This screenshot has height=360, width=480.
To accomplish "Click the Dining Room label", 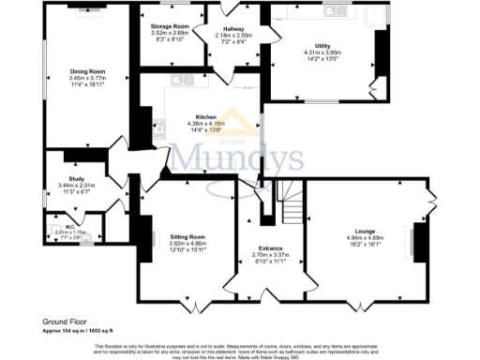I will (x=85, y=70).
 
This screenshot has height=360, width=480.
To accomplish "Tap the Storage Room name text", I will (x=170, y=27).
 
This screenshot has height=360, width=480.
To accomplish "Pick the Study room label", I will (x=77, y=179).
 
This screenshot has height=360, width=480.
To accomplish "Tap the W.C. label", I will (x=69, y=225).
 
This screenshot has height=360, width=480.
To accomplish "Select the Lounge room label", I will (x=365, y=230).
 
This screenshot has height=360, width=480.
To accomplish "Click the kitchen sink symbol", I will (x=182, y=79).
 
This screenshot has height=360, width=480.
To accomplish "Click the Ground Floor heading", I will (x=65, y=321).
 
